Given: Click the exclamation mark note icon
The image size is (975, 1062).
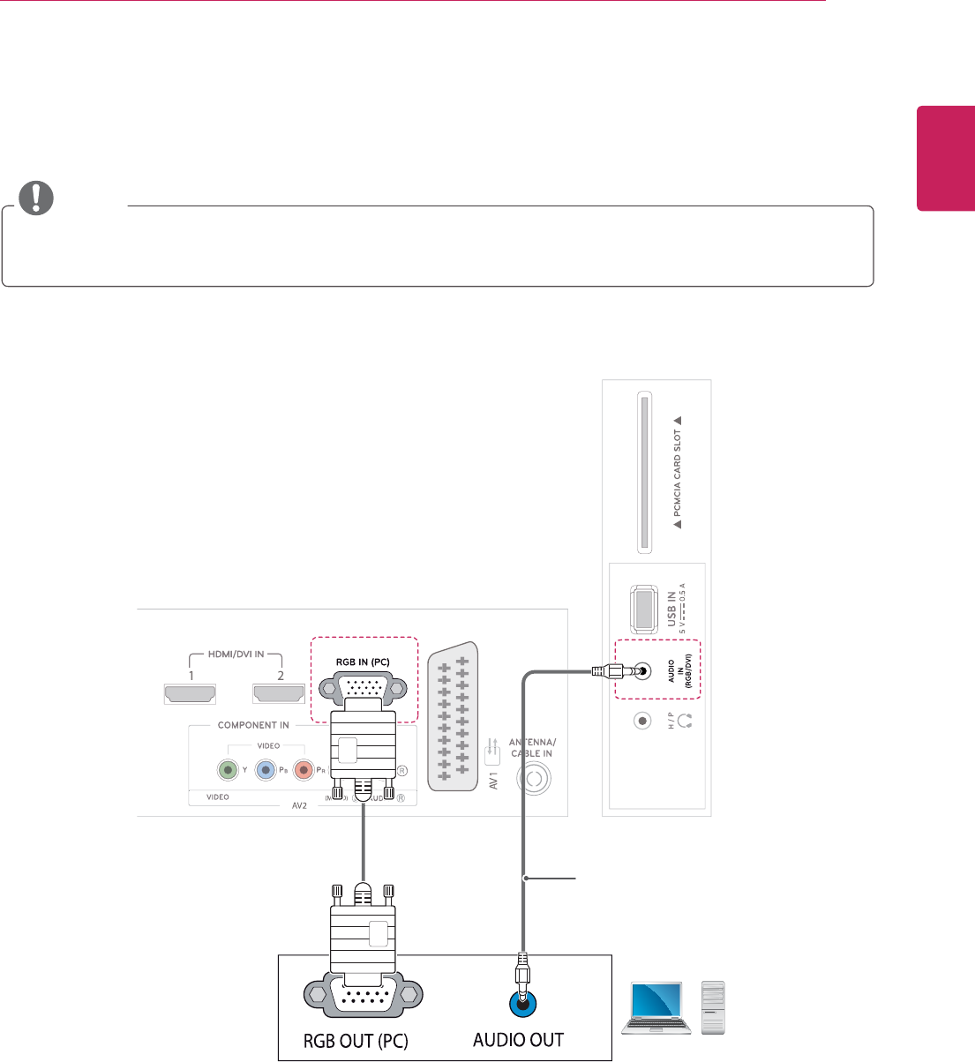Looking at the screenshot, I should [35, 198].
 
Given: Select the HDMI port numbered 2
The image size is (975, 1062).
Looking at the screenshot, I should [280, 695].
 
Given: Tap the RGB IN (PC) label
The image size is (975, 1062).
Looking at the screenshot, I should [363, 662].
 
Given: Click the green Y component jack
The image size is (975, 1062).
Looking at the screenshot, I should [228, 770].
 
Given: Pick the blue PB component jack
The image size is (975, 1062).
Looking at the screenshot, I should [266, 770].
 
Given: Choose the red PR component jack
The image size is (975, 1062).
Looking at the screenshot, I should [304, 770].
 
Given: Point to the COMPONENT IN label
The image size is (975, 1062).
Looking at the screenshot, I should [253, 725].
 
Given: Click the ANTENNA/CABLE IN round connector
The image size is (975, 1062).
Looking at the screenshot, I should [534, 780].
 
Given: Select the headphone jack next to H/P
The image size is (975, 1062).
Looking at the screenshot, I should [642, 721].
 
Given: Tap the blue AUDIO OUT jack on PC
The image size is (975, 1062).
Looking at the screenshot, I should [524, 1001].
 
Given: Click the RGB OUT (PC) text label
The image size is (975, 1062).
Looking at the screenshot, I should [356, 1040].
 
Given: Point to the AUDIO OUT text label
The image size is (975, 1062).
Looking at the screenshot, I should [518, 1039].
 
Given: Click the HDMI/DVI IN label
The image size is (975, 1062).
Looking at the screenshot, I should [235, 655].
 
